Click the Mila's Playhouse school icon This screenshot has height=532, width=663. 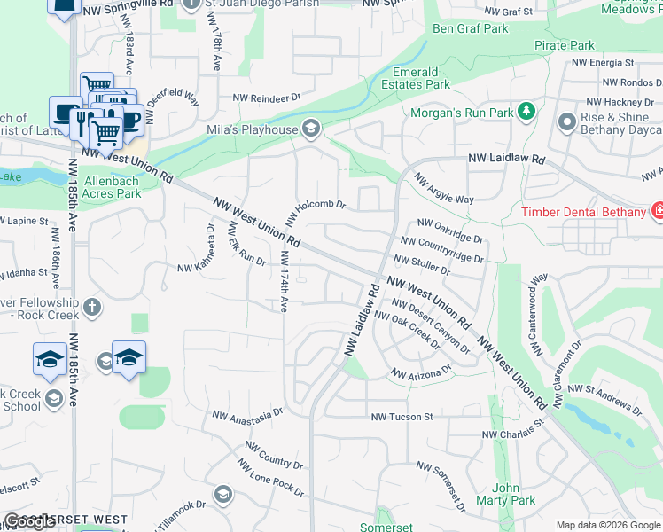(310, 130)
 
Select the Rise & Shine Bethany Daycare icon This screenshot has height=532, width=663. (567, 123)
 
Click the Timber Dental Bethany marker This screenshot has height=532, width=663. (657, 212)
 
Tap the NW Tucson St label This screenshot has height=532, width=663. (402, 416)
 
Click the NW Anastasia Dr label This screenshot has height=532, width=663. (246, 414)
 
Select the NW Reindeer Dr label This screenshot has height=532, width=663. (267, 98)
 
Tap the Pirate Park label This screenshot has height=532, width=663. (565, 45)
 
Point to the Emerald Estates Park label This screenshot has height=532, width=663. (423, 78)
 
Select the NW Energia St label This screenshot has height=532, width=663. (603, 63)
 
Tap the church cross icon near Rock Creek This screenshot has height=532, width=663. (91, 309)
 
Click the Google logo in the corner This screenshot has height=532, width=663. (29, 521)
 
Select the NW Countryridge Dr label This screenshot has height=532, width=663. (442, 249)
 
